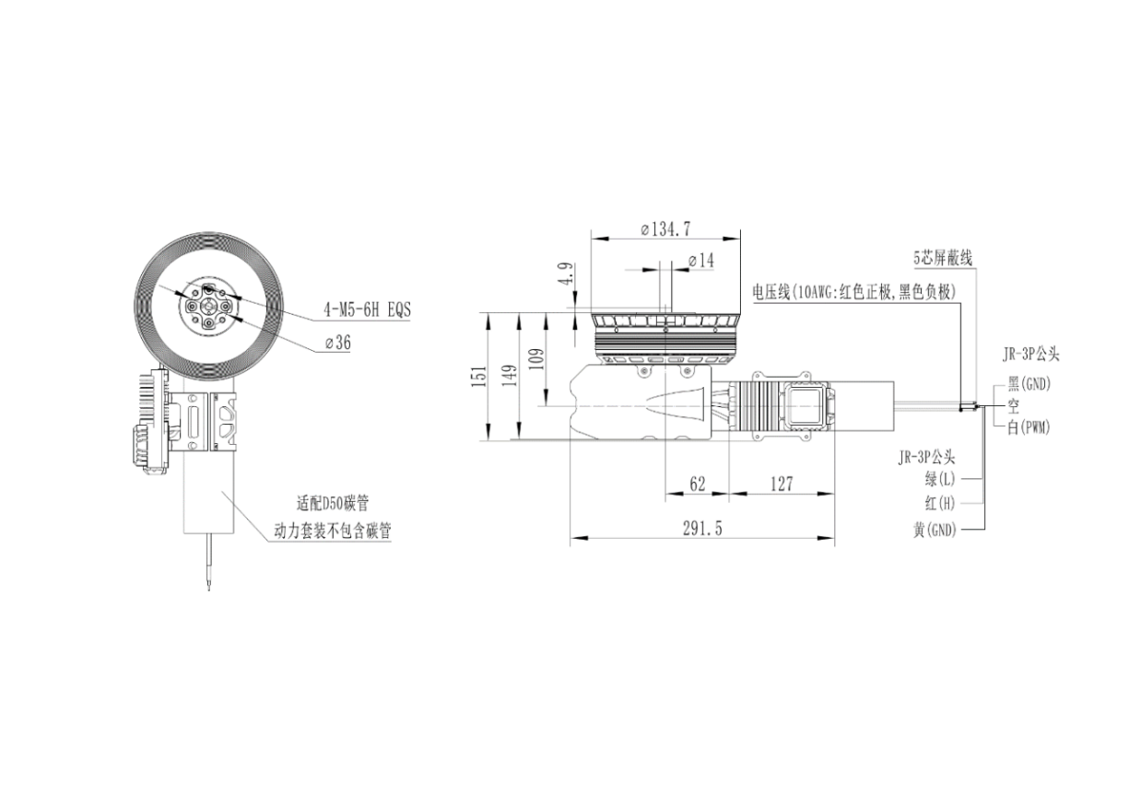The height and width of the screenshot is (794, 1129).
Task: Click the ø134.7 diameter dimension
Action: tap(665, 229)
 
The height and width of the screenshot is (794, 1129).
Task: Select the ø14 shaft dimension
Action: tap(701, 261)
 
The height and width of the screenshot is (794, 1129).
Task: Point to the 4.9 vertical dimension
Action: tap(567, 274)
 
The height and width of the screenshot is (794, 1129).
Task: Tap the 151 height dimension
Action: tap(479, 376)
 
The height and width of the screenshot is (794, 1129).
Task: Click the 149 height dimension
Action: tap(510, 375)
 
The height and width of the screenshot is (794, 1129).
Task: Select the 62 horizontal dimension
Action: tap(697, 485)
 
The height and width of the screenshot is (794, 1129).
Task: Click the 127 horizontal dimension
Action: tap(782, 485)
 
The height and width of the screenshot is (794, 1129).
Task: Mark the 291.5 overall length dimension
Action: tap(702, 529)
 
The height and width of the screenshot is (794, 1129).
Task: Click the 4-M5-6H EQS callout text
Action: tap(367, 309)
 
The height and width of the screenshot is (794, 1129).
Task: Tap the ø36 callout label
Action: tap(337, 343)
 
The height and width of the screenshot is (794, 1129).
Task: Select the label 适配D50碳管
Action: tap(333, 503)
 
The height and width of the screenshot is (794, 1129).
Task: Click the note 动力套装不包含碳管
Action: tap(333, 531)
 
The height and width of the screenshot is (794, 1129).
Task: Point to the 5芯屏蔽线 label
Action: tap(943, 259)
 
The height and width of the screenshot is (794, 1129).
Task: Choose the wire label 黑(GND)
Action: tap(1029, 384)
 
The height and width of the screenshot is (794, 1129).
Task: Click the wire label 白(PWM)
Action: tap(1029, 428)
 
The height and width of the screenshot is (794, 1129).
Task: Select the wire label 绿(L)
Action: tap(940, 479)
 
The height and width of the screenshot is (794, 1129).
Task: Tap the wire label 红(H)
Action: tap(940, 503)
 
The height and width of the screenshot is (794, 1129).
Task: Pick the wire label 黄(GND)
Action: tap(935, 530)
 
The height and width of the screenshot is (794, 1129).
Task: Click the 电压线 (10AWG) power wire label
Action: tap(853, 292)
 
